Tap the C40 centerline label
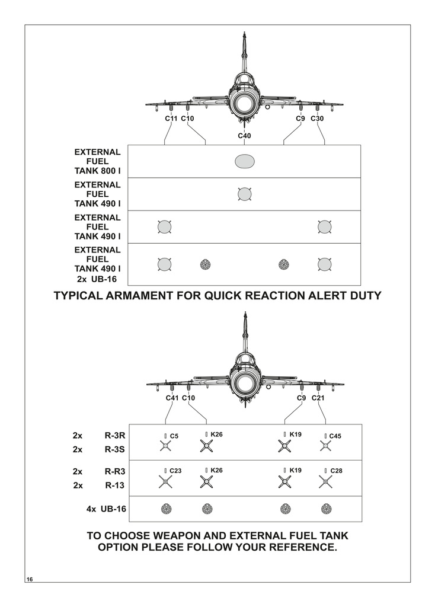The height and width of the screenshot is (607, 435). point(244,136)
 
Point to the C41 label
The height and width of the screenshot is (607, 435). point(172,398)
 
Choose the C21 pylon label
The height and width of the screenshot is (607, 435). point(318,398)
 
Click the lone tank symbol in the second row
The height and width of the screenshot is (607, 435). point(244,194)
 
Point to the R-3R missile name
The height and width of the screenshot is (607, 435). point(114,435)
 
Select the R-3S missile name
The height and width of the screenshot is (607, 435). point(114,449)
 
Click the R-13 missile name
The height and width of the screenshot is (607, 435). point(114,485)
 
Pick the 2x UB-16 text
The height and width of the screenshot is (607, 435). point(97,279)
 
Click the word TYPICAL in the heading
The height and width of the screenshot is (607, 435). point(79,295)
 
